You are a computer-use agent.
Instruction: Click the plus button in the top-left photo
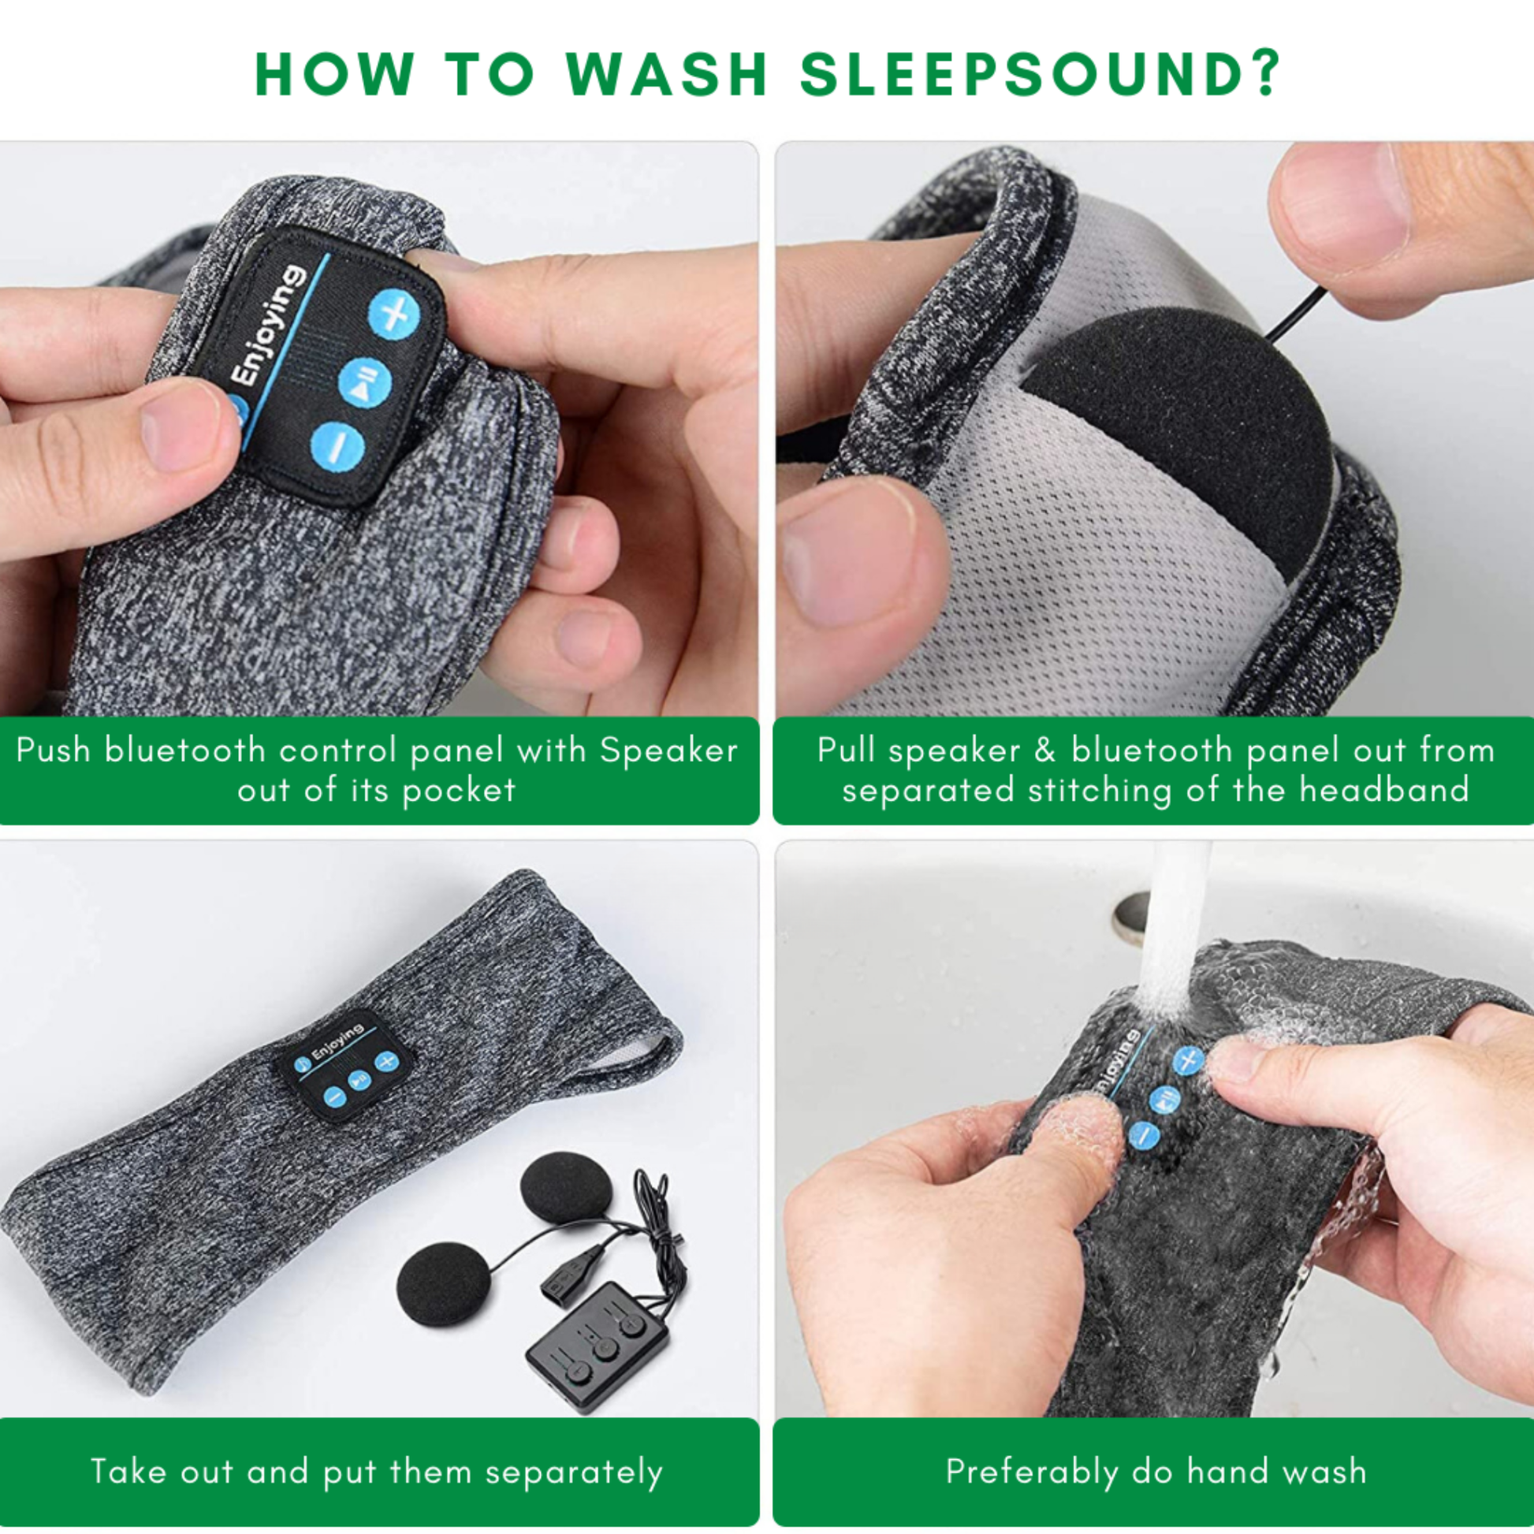point(395,313)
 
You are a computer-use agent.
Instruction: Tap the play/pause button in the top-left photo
point(364,382)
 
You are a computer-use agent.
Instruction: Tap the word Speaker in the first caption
point(668,751)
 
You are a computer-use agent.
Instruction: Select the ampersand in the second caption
point(1045,750)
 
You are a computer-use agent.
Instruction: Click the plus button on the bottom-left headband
point(386,1061)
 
